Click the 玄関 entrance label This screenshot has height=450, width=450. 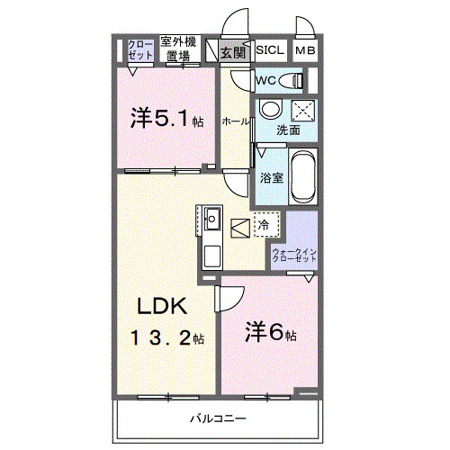233,53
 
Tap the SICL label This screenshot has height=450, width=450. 270,49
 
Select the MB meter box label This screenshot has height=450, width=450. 305,50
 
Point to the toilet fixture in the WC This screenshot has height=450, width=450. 291,81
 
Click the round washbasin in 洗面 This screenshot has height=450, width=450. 271,110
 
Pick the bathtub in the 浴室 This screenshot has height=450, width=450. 303,175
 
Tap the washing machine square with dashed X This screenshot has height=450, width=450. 303,111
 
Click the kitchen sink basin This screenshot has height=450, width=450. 212,219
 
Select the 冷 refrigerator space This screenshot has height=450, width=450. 266,224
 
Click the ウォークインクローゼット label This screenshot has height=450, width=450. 294,256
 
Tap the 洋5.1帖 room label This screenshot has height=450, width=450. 166,119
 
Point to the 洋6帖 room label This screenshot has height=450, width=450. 271,332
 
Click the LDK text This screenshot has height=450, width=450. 162,306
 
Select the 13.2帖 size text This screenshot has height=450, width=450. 167,338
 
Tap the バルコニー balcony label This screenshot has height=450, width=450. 218,418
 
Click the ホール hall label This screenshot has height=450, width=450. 236,121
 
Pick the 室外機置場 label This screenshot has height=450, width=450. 178,49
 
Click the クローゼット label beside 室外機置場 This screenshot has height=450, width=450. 140,49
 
